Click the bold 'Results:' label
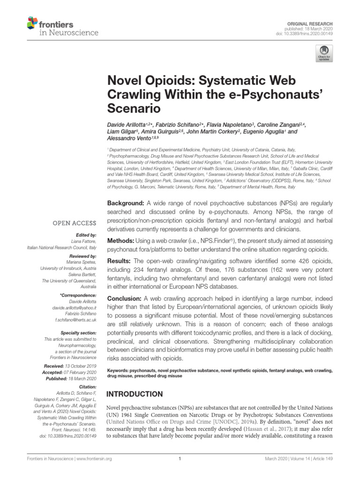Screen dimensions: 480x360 [x=119, y=261]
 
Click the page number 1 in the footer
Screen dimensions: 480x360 [x=180, y=472]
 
